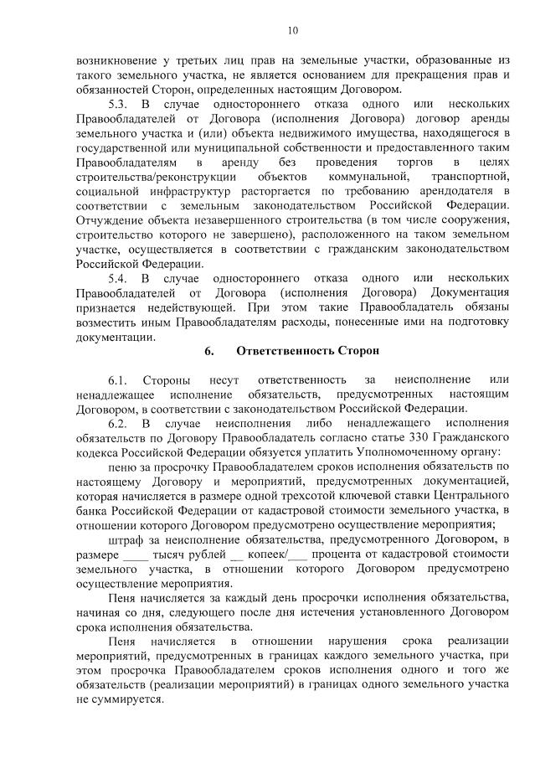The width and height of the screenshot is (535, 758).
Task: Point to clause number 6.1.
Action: [117, 379]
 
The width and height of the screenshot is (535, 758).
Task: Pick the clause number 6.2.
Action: [117, 423]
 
